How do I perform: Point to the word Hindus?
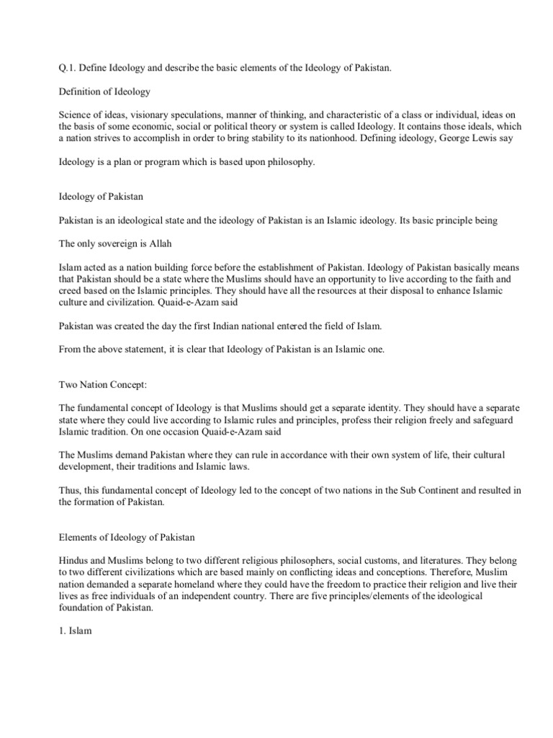point(74,560)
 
